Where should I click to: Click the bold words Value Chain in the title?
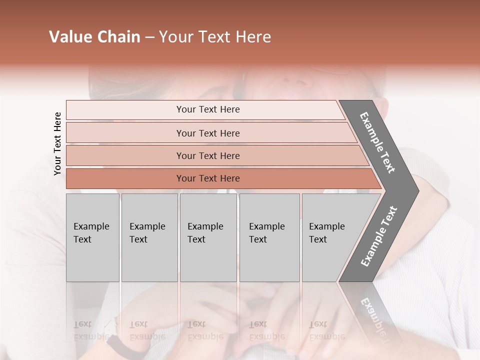pos(94,37)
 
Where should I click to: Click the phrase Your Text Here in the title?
pos(215,37)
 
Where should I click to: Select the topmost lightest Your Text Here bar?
pos(207,109)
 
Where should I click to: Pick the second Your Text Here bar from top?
pos(207,133)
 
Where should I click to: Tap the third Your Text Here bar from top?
pos(207,155)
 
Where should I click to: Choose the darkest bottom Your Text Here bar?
pos(207,178)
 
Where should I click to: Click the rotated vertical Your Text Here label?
pos(57,143)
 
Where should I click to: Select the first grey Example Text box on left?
pos(92,237)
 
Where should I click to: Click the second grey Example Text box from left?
pos(149,237)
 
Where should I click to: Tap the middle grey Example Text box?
pos(208,237)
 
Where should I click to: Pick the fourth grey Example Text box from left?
pos(269,237)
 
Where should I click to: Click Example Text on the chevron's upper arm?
pos(378,142)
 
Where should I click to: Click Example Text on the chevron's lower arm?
pos(379,236)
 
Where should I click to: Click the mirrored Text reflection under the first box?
pos(82,324)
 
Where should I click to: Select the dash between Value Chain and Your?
pos(149,37)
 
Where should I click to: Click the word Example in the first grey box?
pos(91,226)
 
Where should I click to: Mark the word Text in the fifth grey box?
pos(317,239)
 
